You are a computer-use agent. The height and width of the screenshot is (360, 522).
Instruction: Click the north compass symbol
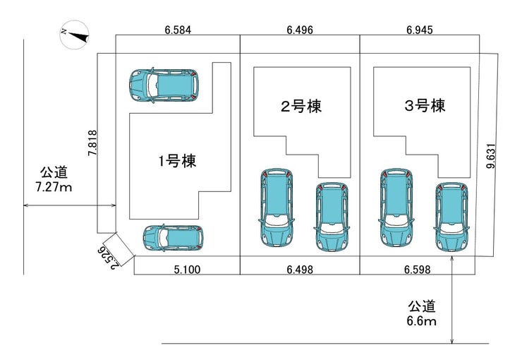tap(75, 35)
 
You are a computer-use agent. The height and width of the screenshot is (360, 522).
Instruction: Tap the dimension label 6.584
tap(178, 30)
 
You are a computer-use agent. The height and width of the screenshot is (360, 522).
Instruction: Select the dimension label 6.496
tap(300, 30)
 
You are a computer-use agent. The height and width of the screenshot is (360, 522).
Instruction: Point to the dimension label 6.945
tap(420, 30)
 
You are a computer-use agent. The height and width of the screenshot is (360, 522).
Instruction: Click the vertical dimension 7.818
tap(92, 143)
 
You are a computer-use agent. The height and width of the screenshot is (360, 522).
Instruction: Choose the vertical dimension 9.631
tap(491, 156)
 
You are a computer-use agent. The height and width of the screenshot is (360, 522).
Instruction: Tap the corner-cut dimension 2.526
tap(108, 258)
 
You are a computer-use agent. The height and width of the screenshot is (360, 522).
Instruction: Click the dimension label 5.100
tap(188, 269)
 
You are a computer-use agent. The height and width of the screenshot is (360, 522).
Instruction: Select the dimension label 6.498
tap(300, 269)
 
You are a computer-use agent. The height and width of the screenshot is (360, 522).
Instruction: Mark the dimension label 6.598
tap(418, 269)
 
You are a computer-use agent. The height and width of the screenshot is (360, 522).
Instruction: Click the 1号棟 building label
tap(177, 161)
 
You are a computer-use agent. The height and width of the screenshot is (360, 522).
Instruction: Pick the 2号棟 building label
tap(301, 107)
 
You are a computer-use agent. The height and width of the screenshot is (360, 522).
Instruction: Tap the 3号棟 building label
tap(425, 106)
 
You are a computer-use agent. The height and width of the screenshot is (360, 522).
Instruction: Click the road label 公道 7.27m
tap(54, 179)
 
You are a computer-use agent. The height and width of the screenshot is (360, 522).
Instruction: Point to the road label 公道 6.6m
tap(421, 313)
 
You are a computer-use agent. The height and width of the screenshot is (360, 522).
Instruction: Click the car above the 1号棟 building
tap(164, 85)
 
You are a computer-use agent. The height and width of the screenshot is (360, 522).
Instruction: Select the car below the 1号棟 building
tap(173, 237)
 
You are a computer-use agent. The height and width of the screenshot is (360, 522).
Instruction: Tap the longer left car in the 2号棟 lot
tap(277, 208)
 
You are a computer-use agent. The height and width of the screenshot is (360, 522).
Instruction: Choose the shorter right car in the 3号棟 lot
tap(451, 217)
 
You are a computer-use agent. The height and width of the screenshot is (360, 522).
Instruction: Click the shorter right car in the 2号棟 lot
tap(332, 217)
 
